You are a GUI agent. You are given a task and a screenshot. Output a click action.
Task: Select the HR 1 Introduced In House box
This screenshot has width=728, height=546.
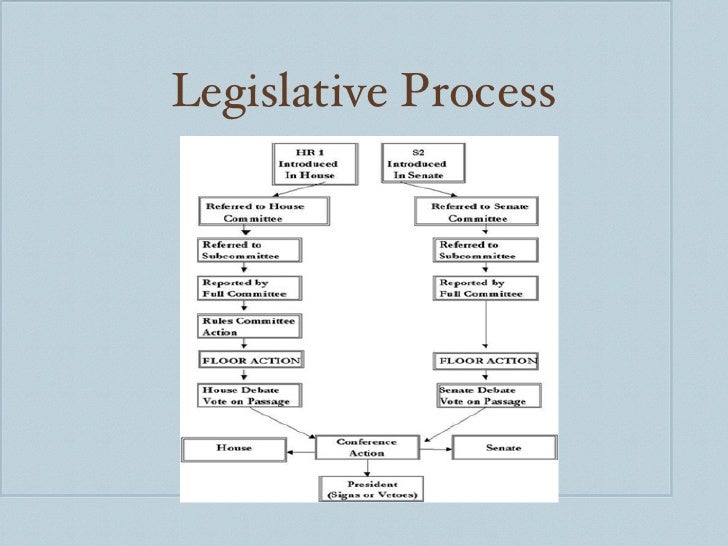tap(307, 164)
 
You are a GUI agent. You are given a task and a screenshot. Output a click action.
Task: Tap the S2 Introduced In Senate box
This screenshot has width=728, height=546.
tap(414, 164)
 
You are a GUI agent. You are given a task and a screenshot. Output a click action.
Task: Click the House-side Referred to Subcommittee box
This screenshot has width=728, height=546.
tap(250, 250)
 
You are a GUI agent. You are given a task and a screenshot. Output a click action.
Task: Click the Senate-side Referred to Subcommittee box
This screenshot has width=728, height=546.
tap(485, 250)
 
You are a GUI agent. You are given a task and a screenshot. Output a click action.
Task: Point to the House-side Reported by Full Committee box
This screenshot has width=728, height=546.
tap(250, 288)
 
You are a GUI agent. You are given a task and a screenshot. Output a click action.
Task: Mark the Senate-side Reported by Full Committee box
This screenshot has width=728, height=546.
tap(485, 288)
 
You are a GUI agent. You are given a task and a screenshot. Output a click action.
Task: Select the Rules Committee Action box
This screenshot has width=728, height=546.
tap(250, 326)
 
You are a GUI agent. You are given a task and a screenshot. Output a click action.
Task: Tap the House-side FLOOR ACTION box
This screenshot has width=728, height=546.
tap(250, 360)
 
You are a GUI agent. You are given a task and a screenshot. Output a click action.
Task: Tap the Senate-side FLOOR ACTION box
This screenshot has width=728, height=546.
tap(485, 360)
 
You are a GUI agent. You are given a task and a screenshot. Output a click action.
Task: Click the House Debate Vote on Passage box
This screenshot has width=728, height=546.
tap(250, 395)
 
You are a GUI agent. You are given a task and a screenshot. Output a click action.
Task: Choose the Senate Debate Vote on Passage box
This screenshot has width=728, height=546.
tap(485, 395)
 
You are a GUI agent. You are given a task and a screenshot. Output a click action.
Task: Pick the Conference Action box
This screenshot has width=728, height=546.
tap(366, 447)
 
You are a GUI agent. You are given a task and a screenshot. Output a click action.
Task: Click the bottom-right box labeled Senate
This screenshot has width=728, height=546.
tap(504, 448)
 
